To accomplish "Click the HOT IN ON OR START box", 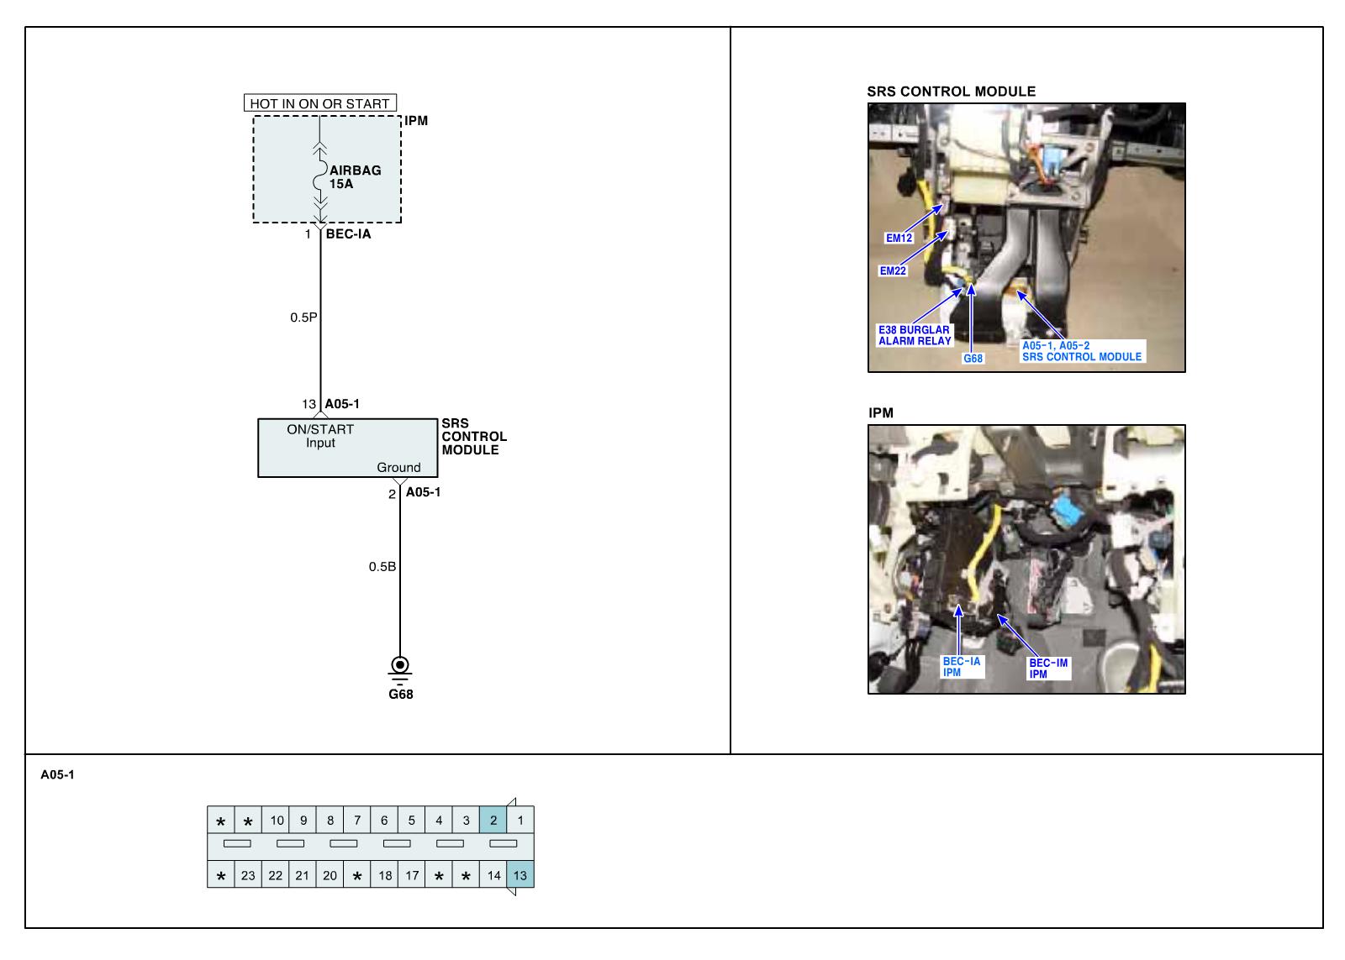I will pos(320,103).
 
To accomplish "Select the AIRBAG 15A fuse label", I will pos(355,176).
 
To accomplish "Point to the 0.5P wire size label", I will pos(303,317).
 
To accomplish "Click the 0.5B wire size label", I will pos(382,567).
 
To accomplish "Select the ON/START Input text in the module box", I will pos(320,436).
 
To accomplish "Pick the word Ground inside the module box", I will pos(398,467).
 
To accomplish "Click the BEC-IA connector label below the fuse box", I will pos(348,234).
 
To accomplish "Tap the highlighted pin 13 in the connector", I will pos(520,875).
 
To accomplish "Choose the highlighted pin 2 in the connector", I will pos(493,821).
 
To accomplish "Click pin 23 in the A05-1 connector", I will pos(248,875).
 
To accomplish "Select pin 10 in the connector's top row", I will pos(277,821).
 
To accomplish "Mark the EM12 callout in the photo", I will pos(899,238).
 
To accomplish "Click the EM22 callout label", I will pos(893,270).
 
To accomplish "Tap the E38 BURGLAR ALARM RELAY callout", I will pos(915,335).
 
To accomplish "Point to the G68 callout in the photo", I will pos(973,359).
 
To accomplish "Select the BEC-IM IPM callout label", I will pos(1048,669).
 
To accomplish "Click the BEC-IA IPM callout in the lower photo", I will pos(961,667).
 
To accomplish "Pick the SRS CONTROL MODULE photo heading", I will pos(951,92).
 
